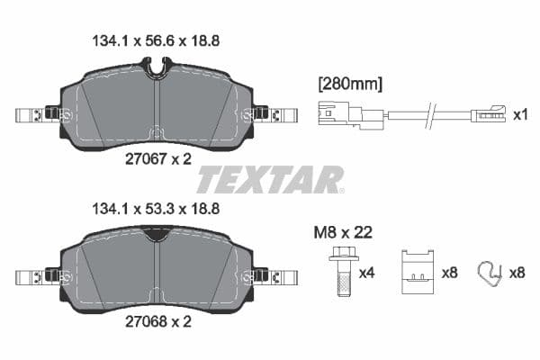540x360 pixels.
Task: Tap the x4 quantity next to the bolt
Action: pyautogui.click(x=367, y=272)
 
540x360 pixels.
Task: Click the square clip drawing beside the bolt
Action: pyautogui.click(x=416, y=270)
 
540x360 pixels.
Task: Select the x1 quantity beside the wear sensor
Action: pyautogui.click(x=519, y=116)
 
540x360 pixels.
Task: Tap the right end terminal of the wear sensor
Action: pyautogui.click(x=490, y=115)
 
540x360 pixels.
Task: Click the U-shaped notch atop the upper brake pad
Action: pyautogui.click(x=157, y=67)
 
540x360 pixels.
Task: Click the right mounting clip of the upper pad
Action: pyautogui.click(x=274, y=115)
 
